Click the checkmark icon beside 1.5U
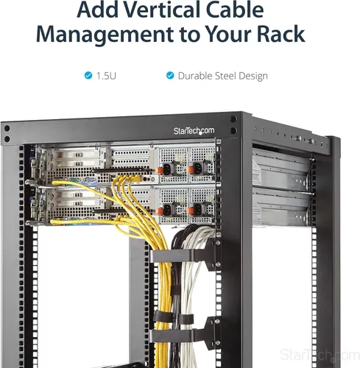(88, 76)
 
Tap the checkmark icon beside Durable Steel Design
(170, 76)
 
